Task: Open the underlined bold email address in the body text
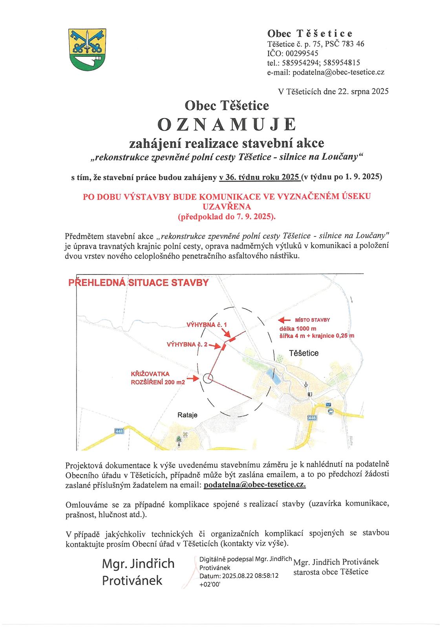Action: [x=255, y=485]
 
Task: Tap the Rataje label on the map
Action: [x=188, y=415]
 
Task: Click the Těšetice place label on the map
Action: [x=303, y=353]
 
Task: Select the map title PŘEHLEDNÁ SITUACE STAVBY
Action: [x=139, y=282]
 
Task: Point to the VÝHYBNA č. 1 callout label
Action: [x=206, y=325]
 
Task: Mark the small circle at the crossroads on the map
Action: [x=208, y=378]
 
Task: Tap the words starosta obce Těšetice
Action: [x=331, y=572]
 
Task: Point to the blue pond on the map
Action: [x=276, y=377]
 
